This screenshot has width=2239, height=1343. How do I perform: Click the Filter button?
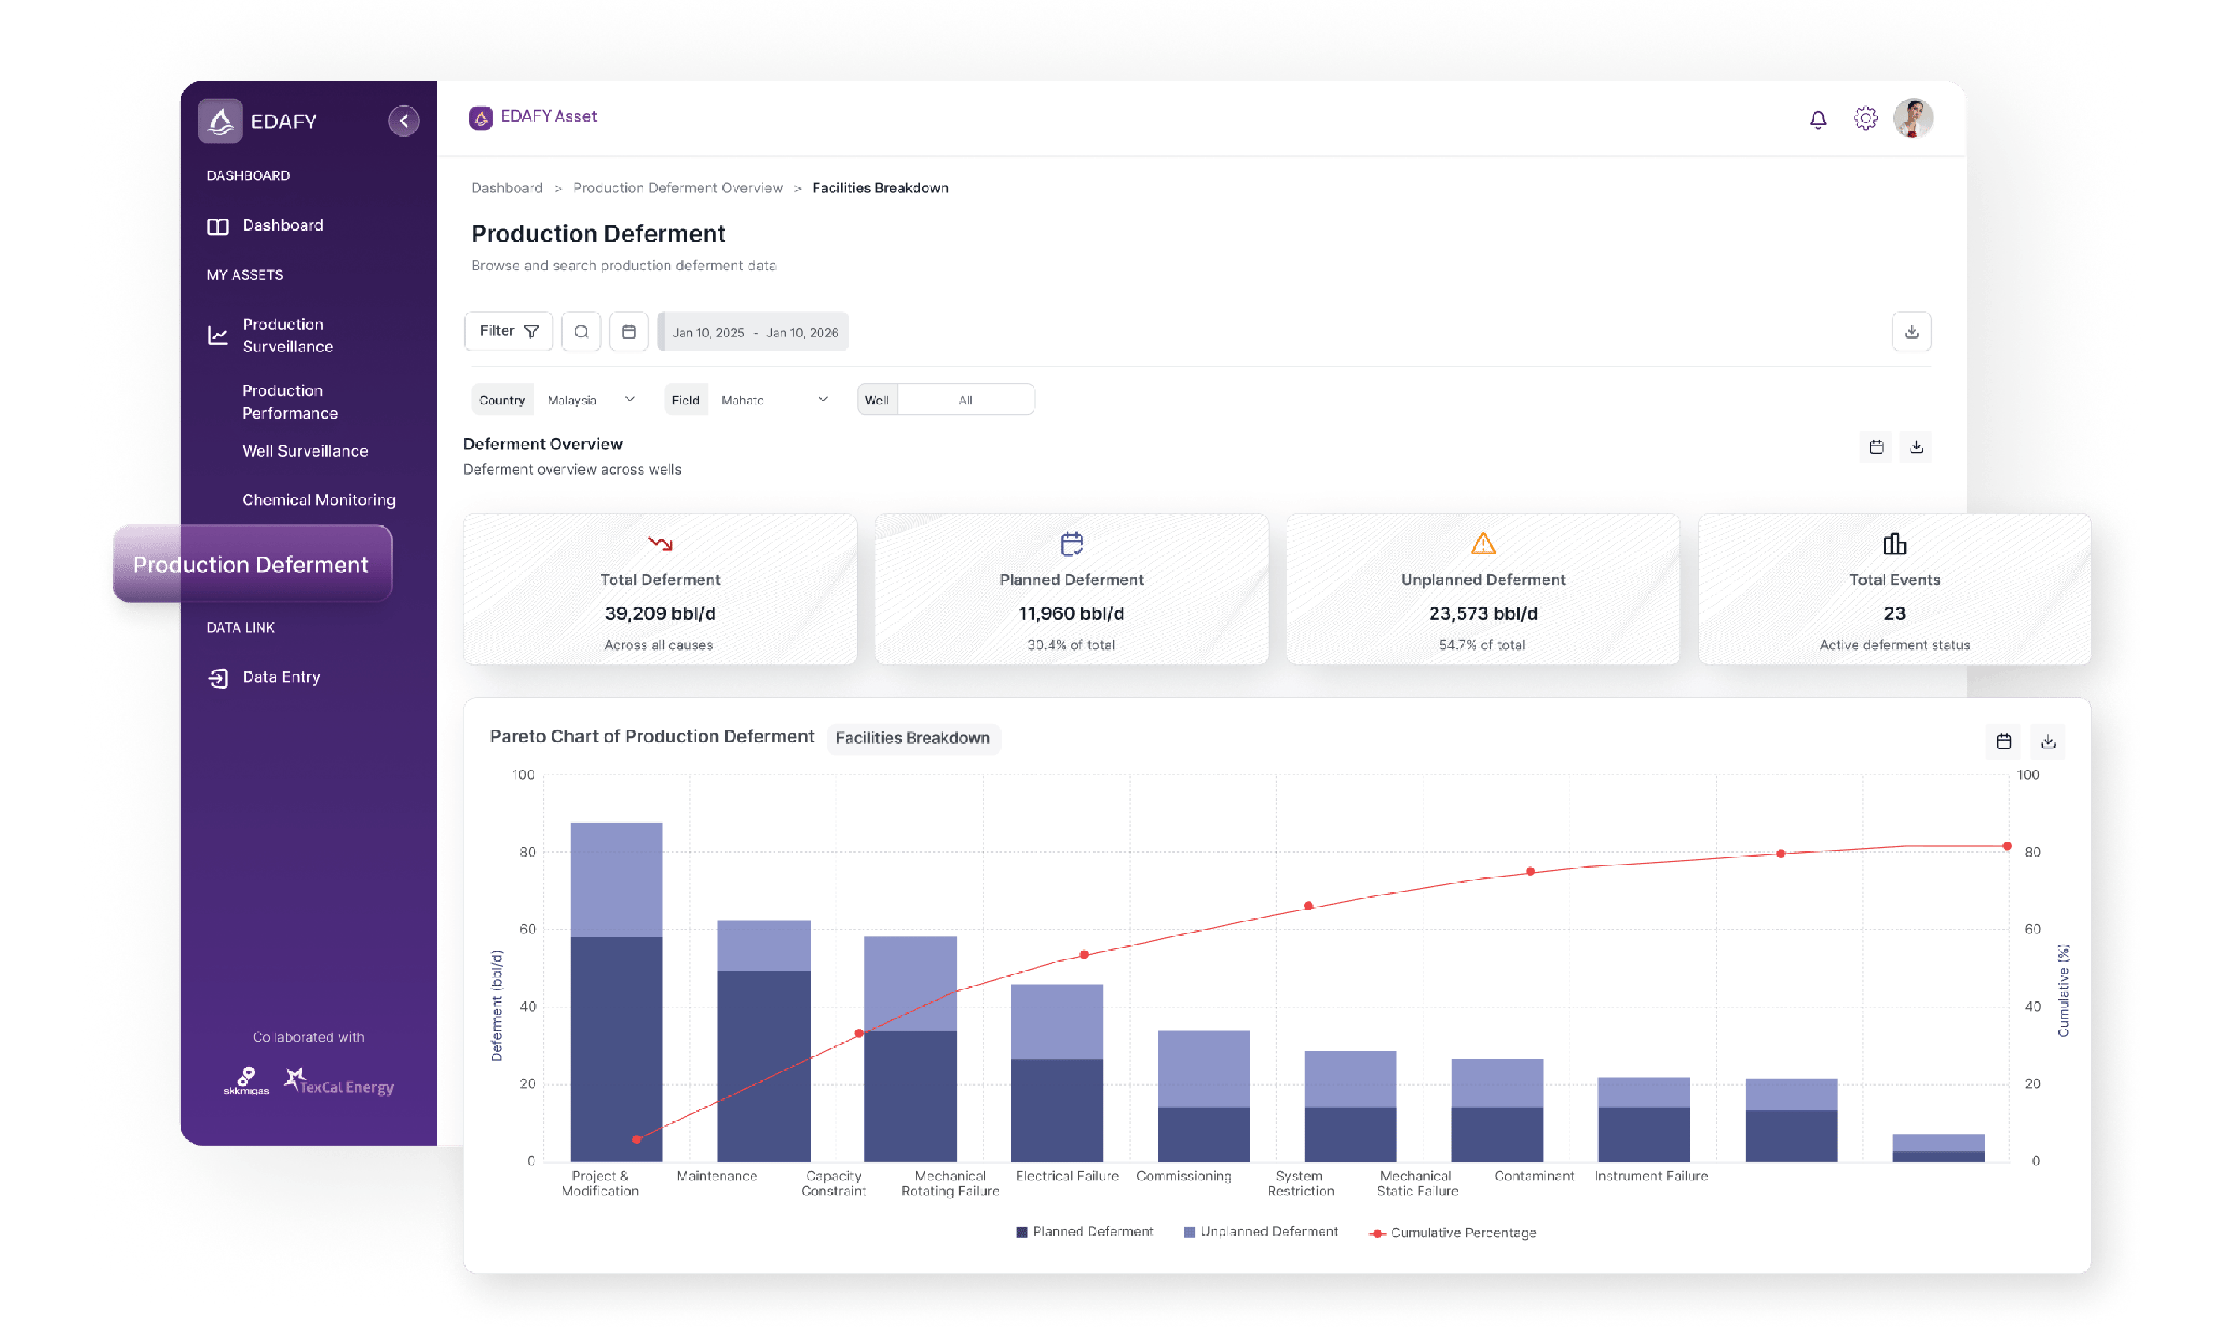508,331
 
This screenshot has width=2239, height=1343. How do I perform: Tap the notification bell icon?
1817,119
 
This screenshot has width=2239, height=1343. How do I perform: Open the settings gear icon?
1865,119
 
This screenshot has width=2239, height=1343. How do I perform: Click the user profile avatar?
1912,119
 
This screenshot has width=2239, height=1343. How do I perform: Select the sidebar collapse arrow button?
404,120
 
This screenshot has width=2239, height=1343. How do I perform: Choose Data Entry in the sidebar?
281,677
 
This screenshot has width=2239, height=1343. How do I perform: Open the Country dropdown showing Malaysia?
591,400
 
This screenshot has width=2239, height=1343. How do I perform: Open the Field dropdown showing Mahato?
774,400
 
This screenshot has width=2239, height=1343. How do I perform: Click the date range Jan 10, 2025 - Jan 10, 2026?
755,332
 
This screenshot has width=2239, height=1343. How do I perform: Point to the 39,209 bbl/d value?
660,613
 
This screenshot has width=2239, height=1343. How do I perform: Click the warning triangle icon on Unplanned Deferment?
1482,543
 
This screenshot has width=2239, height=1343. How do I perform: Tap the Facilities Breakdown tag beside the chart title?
912,738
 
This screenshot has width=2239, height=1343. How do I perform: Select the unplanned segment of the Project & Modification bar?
616,879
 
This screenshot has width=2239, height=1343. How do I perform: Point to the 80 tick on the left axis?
527,851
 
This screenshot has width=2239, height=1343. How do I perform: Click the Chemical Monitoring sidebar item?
318,500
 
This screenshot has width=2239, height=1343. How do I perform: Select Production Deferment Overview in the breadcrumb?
677,188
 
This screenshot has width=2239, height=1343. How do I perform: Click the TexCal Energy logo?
340,1083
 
